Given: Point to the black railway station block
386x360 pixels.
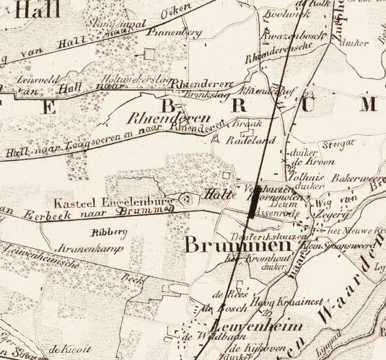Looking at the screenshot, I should tap(252, 206).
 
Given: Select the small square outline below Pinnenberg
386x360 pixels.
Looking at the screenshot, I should tap(149, 53).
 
